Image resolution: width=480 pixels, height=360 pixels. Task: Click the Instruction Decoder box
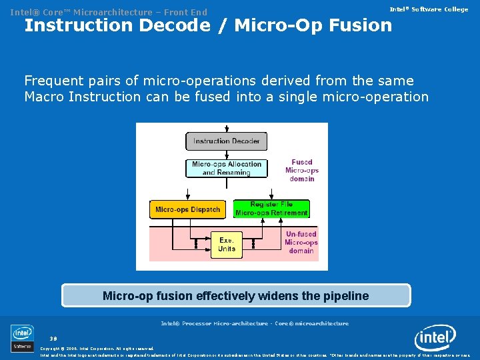point(226,141)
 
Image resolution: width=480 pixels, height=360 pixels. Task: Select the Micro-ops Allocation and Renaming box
point(227,168)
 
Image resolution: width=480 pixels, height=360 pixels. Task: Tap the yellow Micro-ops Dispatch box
point(187,209)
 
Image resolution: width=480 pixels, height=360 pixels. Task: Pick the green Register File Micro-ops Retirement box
point(271,209)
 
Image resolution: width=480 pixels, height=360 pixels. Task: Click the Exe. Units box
point(227,245)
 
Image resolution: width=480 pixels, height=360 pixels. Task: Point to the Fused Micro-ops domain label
point(301,170)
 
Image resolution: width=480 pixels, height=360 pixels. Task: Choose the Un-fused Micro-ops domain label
point(301,243)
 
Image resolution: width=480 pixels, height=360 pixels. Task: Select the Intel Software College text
point(429,9)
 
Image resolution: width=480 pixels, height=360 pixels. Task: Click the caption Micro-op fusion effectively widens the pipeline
point(235,295)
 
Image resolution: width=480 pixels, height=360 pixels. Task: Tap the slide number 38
point(53,338)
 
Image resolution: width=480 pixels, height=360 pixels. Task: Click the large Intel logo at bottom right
point(435,338)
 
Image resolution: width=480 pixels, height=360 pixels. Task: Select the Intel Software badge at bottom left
point(22,338)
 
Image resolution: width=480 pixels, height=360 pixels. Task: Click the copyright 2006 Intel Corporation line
point(97,349)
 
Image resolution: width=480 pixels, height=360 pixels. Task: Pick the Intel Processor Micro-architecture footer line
point(255,323)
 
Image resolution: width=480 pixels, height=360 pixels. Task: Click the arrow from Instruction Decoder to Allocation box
point(227,155)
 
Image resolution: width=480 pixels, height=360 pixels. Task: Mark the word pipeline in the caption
point(344,295)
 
